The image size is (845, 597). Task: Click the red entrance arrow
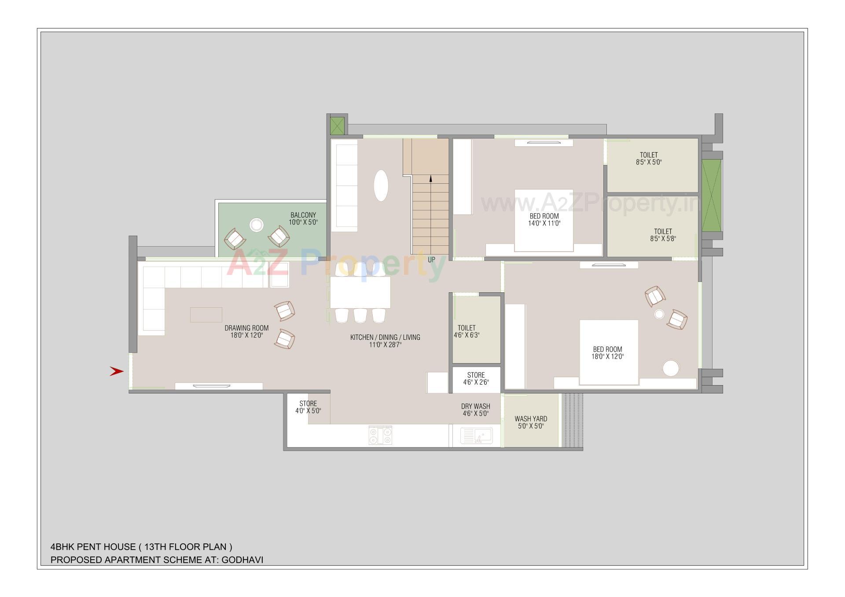click(116, 371)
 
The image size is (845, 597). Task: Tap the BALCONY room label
click(303, 215)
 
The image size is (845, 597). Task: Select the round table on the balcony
click(256, 225)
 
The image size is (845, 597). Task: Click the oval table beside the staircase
click(381, 186)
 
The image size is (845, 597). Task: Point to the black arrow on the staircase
click(430, 178)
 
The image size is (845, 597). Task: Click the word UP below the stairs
click(431, 260)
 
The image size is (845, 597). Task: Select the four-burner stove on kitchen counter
click(380, 435)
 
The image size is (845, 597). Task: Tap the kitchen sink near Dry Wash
click(477, 436)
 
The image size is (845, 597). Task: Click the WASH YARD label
click(531, 419)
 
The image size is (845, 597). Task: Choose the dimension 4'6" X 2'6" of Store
click(476, 382)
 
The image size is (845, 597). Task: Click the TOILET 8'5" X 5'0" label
click(649, 158)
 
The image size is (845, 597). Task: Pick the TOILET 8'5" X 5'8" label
click(663, 235)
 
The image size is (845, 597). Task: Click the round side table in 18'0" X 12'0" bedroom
click(670, 368)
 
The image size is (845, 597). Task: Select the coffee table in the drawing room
click(206, 315)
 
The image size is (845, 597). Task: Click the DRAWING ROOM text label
click(246, 328)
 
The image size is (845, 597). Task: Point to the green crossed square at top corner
click(337, 126)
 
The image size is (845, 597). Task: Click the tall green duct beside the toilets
click(712, 196)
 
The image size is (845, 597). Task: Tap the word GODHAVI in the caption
click(242, 560)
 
